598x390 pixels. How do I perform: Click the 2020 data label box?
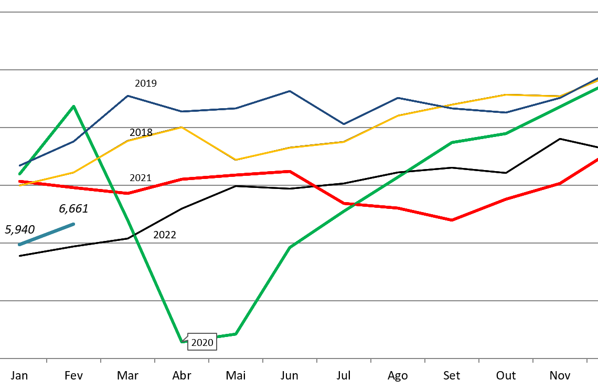202,342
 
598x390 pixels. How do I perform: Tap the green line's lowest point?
182,341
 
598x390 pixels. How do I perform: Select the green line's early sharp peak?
73,106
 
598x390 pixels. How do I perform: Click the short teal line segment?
46,234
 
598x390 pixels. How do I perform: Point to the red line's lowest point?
452,220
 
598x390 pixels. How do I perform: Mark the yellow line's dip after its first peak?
236,160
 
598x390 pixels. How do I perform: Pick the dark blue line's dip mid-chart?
344,124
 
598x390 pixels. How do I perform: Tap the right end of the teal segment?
73,224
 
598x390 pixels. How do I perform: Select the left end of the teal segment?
19,245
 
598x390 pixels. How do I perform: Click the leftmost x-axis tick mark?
47,361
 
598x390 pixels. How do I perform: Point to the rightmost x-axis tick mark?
586,361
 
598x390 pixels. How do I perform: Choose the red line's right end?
597,159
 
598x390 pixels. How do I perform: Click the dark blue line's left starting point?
19,166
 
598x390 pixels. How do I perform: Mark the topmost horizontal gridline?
299,12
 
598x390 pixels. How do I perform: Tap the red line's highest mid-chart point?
290,171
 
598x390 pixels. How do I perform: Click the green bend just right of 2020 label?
236,334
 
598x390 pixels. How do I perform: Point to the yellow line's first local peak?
181,127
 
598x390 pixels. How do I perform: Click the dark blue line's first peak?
127,96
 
